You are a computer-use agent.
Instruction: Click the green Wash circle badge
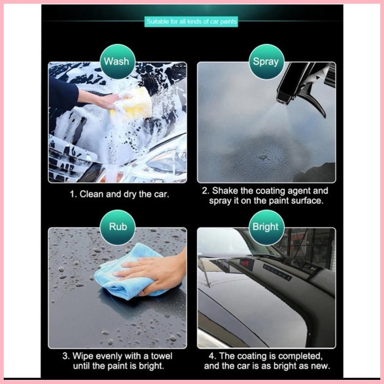117,61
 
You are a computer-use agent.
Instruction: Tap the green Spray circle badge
265,61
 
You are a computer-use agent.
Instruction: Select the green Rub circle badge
118,227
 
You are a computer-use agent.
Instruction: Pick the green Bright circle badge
265,227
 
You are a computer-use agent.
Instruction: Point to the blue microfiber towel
124,274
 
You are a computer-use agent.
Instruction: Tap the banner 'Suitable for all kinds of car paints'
192,22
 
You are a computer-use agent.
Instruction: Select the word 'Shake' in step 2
224,191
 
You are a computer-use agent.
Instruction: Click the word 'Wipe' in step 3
82,355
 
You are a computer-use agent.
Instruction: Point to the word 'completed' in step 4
298,355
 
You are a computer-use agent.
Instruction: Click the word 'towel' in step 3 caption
162,355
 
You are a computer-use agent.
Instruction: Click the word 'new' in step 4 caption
319,366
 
